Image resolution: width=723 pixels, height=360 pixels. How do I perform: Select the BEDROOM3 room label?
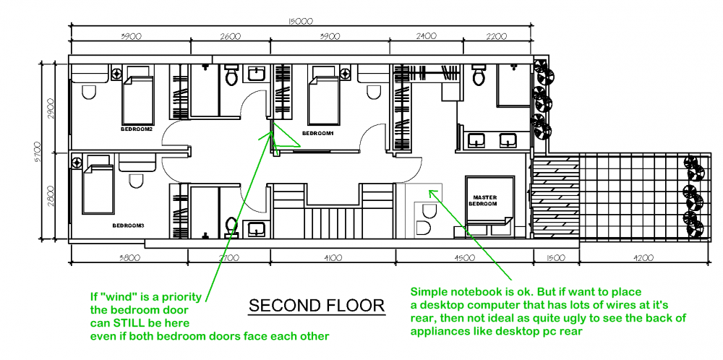tap(128, 226)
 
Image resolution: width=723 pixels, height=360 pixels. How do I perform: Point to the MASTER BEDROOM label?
tap(485, 200)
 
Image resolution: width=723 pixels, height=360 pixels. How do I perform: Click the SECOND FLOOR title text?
tap(317, 306)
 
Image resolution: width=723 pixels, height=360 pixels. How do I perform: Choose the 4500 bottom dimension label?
tap(465, 257)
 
